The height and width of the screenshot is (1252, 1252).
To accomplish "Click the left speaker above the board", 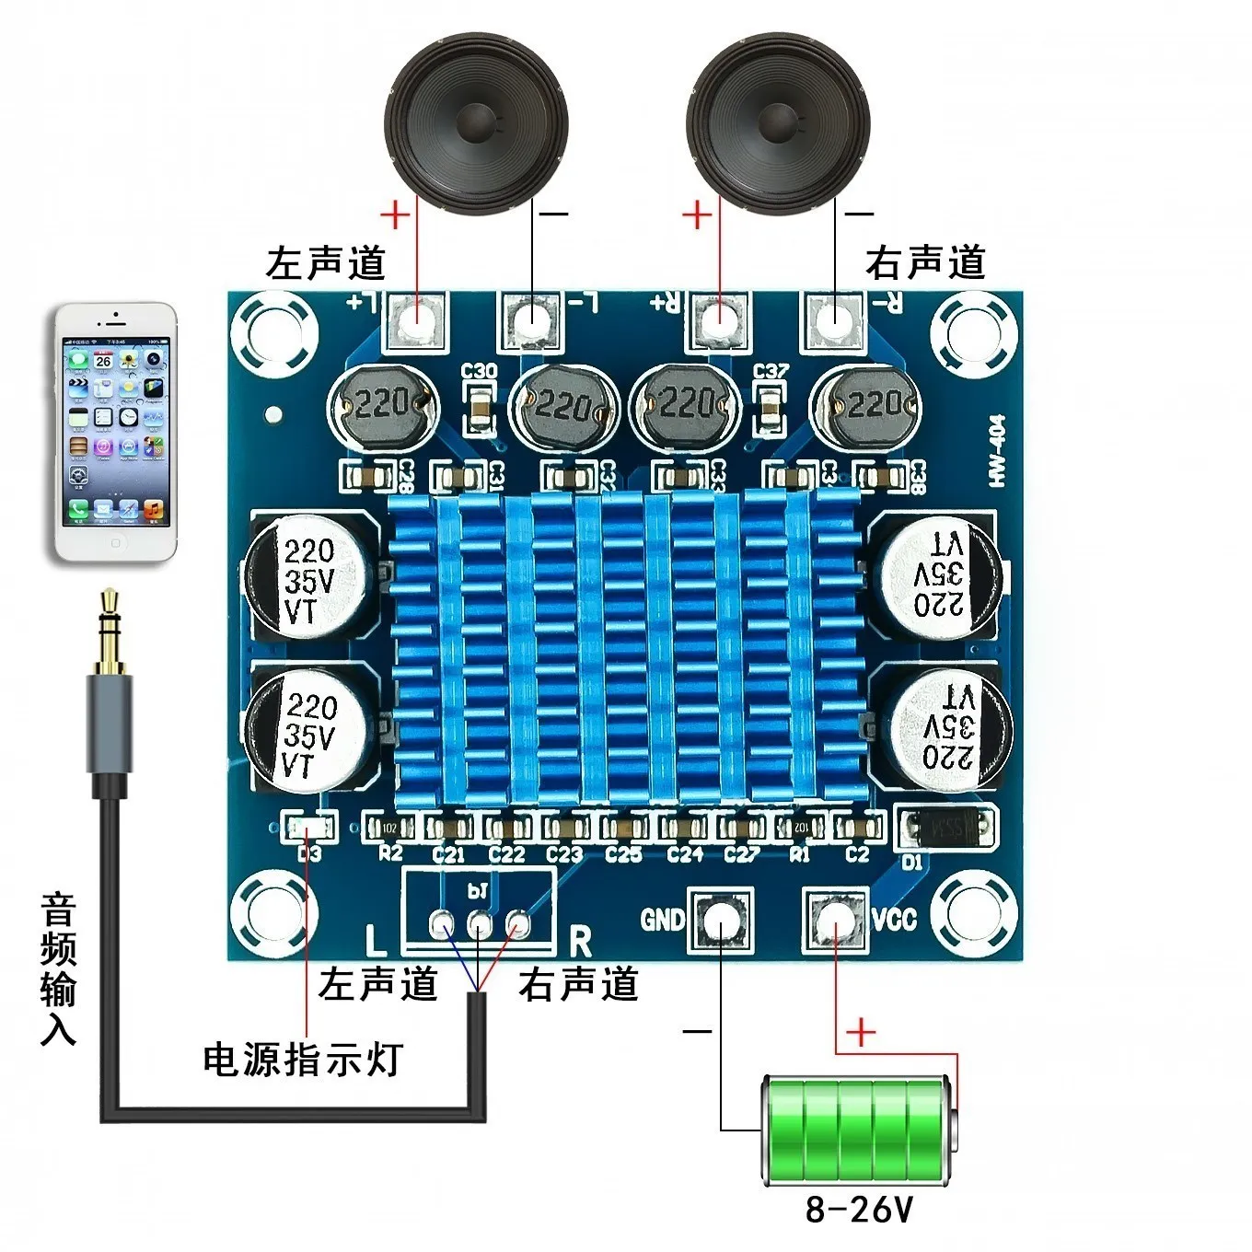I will pyautogui.click(x=476, y=123).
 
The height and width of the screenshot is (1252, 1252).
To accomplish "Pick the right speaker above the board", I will pyautogui.click(x=778, y=123).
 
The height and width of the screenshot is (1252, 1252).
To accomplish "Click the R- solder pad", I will pyautogui.click(x=834, y=319).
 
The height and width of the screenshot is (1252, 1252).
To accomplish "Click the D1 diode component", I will pyautogui.click(x=946, y=829).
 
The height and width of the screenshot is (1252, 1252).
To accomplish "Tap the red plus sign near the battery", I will pyautogui.click(x=860, y=1032).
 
